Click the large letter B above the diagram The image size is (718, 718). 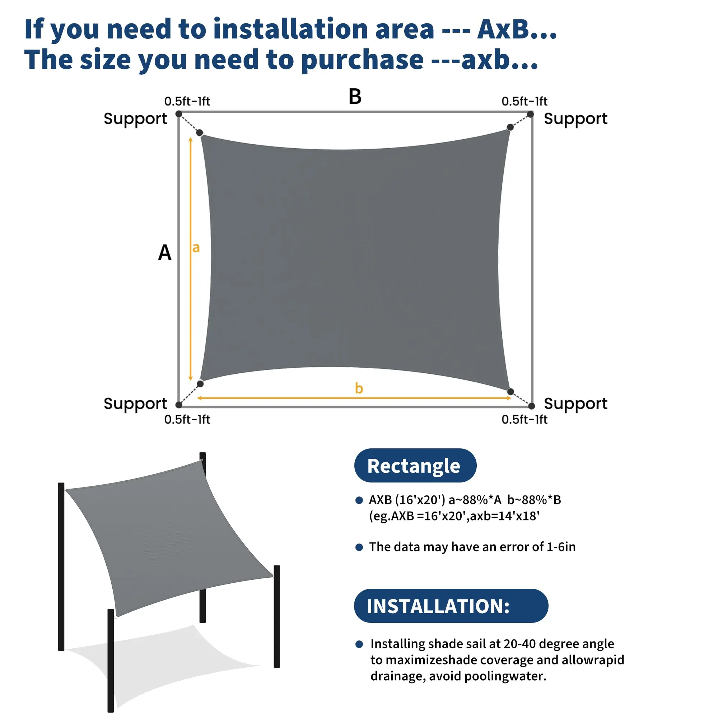(x=355, y=97)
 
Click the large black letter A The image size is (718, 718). (x=165, y=253)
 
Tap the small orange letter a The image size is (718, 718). (x=196, y=247)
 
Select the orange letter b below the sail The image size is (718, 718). (x=359, y=388)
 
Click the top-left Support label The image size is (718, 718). (x=135, y=119)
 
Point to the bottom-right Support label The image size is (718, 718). (x=575, y=404)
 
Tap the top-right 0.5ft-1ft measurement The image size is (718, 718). (x=524, y=101)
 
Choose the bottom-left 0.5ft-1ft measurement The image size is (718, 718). (x=187, y=419)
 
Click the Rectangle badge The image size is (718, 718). (x=415, y=465)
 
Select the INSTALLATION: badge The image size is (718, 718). (x=451, y=606)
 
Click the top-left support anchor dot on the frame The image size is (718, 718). (x=179, y=114)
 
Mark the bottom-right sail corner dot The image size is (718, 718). (x=510, y=392)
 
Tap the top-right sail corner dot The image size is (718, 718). (x=510, y=127)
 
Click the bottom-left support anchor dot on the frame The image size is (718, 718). (x=179, y=405)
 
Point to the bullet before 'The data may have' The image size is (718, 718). (x=359, y=547)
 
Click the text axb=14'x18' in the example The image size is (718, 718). (x=505, y=516)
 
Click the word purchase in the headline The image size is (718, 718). (x=362, y=60)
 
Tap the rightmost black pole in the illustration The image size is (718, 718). (x=277, y=616)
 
